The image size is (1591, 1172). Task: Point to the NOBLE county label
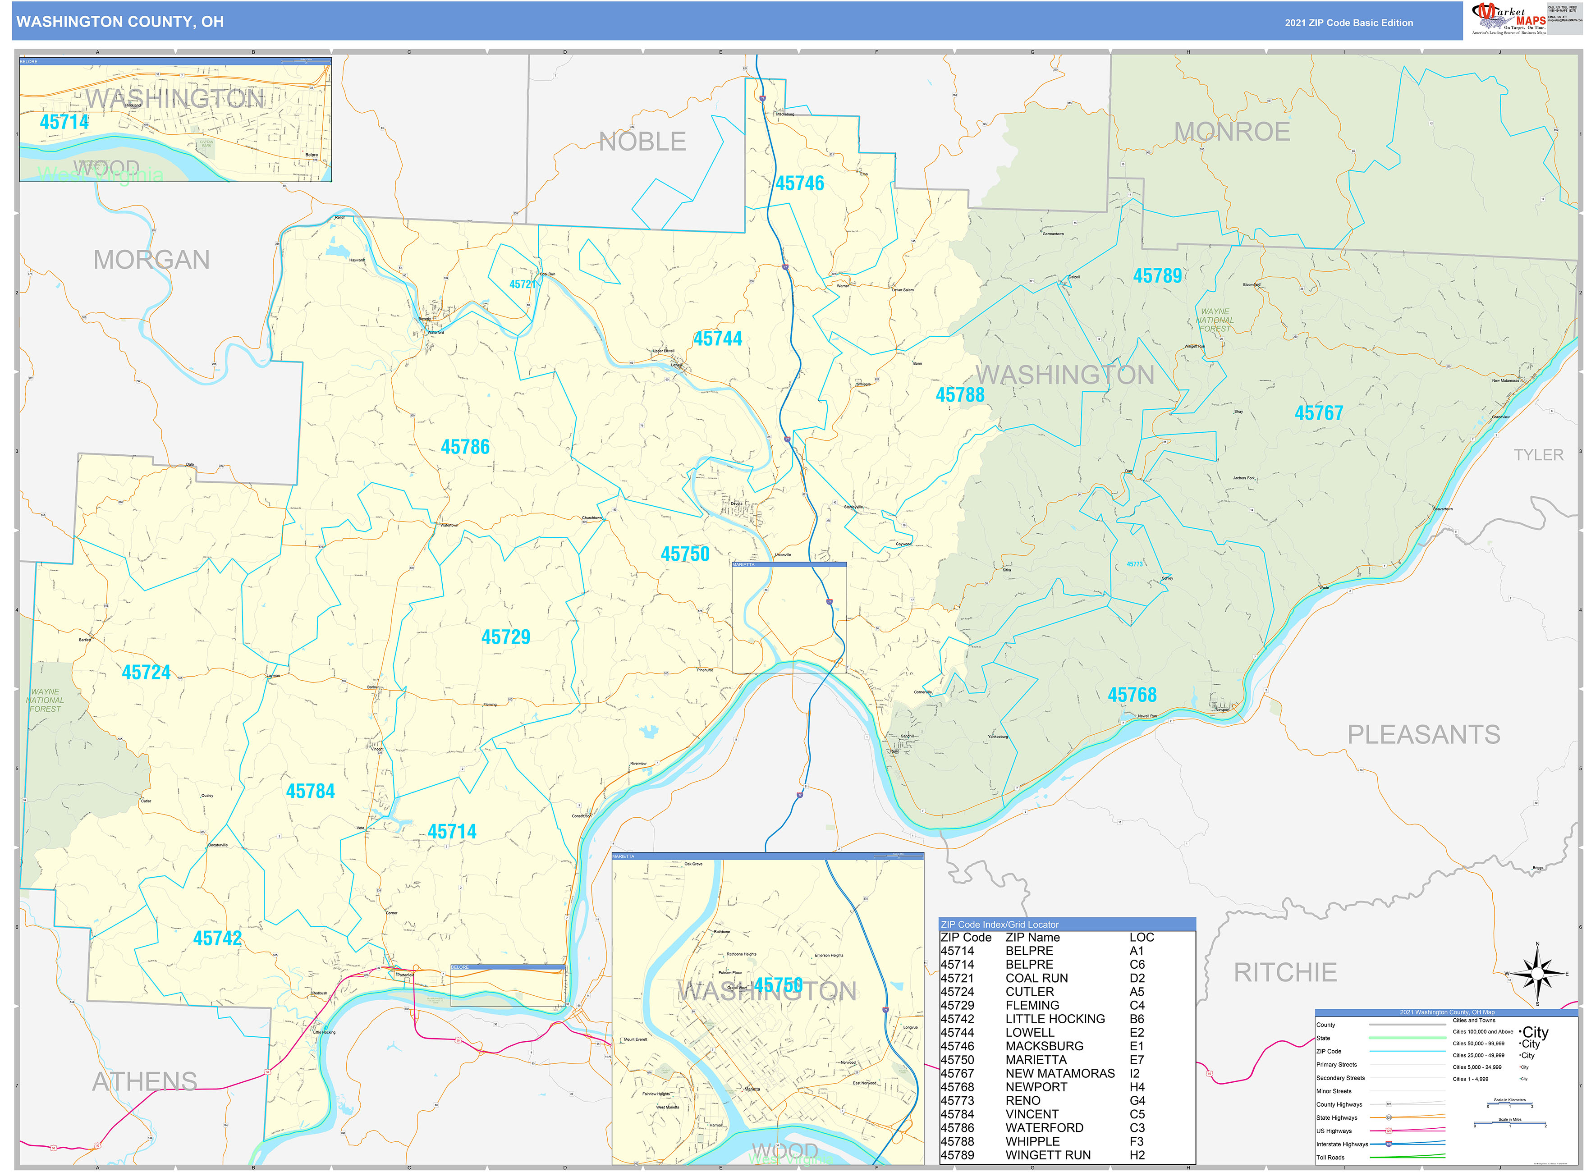(x=642, y=142)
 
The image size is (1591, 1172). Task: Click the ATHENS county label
(x=145, y=1081)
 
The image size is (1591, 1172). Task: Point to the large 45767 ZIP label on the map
(x=1319, y=413)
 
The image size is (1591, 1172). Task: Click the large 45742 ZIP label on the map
(x=217, y=939)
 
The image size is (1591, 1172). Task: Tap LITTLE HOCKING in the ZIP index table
(x=1055, y=1019)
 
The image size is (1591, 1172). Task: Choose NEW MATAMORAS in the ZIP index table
(x=1059, y=1073)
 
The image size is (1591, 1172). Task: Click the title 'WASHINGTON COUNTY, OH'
(x=120, y=22)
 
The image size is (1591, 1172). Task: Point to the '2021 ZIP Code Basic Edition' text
(x=1348, y=23)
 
